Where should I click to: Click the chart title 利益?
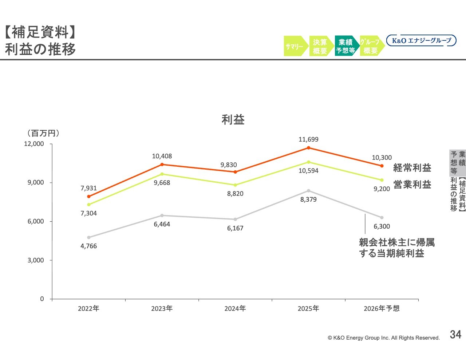(x=233, y=119)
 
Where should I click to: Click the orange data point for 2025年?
(x=308, y=148)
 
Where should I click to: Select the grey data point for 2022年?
(x=88, y=237)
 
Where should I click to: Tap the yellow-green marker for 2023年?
(x=162, y=174)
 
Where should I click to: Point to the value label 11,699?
(x=308, y=139)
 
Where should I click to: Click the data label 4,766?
(x=88, y=246)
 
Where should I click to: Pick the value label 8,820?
(x=235, y=194)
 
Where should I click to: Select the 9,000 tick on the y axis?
(x=36, y=182)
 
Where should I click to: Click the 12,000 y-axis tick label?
(x=34, y=144)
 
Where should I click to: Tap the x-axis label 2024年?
(x=235, y=309)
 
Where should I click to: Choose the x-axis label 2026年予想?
(x=382, y=309)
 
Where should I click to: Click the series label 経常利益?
(x=412, y=168)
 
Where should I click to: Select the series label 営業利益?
(x=412, y=185)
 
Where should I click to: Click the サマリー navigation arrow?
(x=295, y=46)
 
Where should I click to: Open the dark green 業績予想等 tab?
(x=345, y=46)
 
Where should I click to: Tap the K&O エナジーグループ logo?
(x=421, y=40)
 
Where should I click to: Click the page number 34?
(x=455, y=335)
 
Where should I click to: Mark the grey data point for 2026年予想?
(x=382, y=218)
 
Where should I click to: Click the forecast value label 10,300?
(x=382, y=158)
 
